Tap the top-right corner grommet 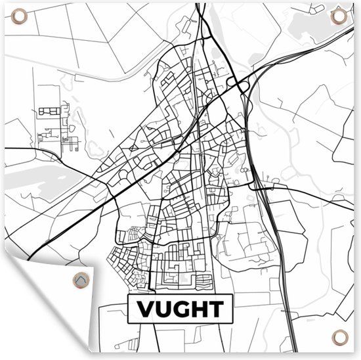coord(338,16)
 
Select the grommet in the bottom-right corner coord(339,338)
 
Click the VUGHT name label coord(179,309)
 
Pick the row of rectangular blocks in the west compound coord(49,111)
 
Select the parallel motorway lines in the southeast coord(276,250)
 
